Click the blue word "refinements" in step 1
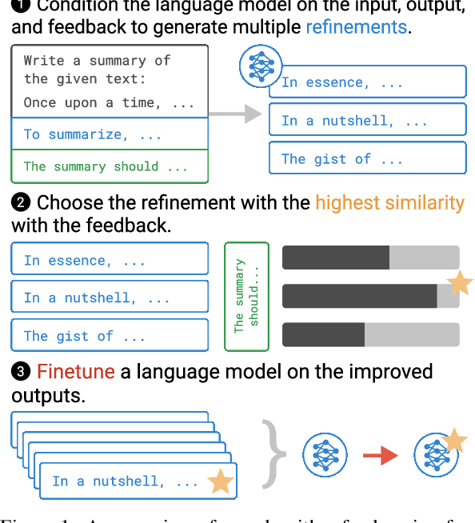coord(356,26)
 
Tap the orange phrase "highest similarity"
coord(389,202)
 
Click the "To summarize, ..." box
coord(110,134)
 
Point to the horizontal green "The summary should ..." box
coord(110,166)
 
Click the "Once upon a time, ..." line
coord(109,102)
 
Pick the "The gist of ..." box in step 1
coord(367,158)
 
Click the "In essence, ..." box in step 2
coord(110,260)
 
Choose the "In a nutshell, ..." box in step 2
coord(110,297)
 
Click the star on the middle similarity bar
coord(461,283)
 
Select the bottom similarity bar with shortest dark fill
coord(371,334)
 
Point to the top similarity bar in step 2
coord(371,258)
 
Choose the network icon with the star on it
coord(437,454)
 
